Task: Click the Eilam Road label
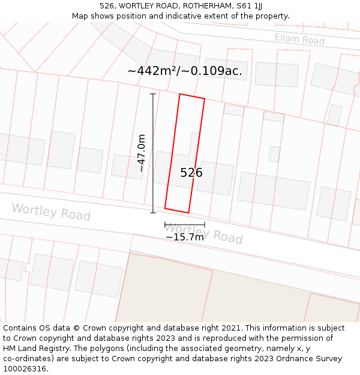click(299, 40)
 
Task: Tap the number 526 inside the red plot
click(191, 173)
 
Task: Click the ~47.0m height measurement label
click(142, 153)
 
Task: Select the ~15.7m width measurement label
click(185, 237)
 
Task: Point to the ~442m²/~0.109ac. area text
click(185, 71)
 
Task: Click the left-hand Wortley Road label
click(51, 212)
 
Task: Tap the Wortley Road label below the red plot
click(203, 233)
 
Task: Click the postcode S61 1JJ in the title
click(250, 6)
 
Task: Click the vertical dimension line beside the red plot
click(152, 153)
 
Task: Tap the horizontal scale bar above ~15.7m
click(185, 225)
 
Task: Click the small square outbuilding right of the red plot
click(274, 154)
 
